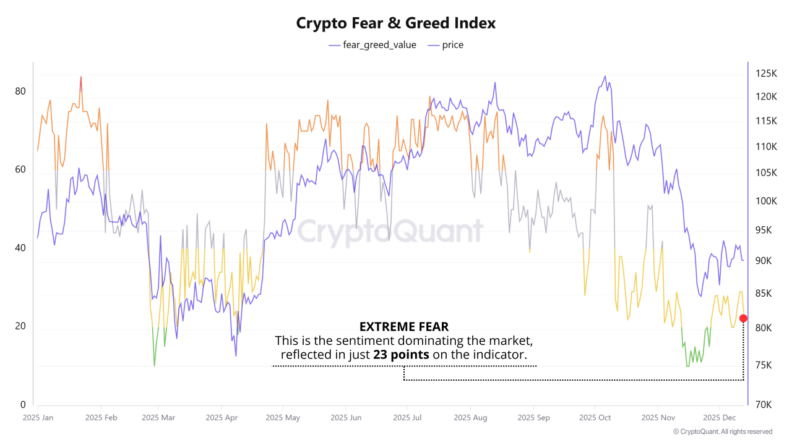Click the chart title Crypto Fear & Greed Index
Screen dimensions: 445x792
click(396, 23)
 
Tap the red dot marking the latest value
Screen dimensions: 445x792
click(743, 318)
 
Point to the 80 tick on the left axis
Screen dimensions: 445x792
click(20, 91)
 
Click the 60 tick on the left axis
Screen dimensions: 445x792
click(20, 170)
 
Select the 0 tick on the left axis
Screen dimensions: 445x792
click(23, 405)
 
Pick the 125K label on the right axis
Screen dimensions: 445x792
click(766, 74)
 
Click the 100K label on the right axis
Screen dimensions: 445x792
click(766, 201)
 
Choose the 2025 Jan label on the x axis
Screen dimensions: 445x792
click(38, 418)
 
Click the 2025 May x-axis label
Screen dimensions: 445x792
click(283, 418)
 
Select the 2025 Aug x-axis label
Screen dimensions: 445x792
click(470, 418)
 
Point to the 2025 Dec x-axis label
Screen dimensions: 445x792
click(720, 418)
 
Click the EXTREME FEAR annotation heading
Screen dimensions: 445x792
click(404, 326)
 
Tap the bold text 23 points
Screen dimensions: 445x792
click(397, 355)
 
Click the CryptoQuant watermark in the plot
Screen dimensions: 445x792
click(390, 232)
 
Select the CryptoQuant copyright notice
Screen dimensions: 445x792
click(722, 431)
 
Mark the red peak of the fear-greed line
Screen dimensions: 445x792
click(80, 78)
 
